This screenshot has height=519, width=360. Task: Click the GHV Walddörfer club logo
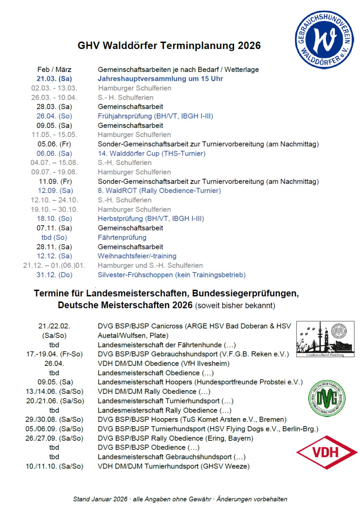pyautogui.click(x=324, y=40)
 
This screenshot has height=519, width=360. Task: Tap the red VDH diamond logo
pyautogui.click(x=326, y=452)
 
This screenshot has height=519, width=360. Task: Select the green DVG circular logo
pyautogui.click(x=327, y=398)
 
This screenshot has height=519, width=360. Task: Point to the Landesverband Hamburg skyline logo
pyautogui.click(x=325, y=339)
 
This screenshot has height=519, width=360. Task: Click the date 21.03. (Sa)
pyautogui.click(x=54, y=79)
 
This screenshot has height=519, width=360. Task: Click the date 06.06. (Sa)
pyautogui.click(x=54, y=153)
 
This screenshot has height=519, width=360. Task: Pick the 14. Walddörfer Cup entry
pyautogui.click(x=151, y=153)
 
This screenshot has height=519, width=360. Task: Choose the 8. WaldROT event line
pyautogui.click(x=159, y=190)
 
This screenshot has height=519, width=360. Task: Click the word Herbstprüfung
pyautogui.click(x=120, y=218)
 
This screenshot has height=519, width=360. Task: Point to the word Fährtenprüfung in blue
pyautogui.click(x=122, y=237)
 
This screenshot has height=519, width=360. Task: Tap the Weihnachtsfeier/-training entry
pyautogui.click(x=137, y=256)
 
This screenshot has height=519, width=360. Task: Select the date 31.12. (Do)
pyautogui.click(x=54, y=275)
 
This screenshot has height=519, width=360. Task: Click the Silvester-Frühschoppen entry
pyautogui.click(x=171, y=275)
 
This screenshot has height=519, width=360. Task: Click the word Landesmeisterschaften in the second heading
pyautogui.click(x=138, y=293)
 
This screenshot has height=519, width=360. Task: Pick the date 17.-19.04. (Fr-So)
pyautogui.click(x=54, y=354)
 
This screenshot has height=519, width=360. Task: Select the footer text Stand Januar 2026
pyautogui.click(x=100, y=499)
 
